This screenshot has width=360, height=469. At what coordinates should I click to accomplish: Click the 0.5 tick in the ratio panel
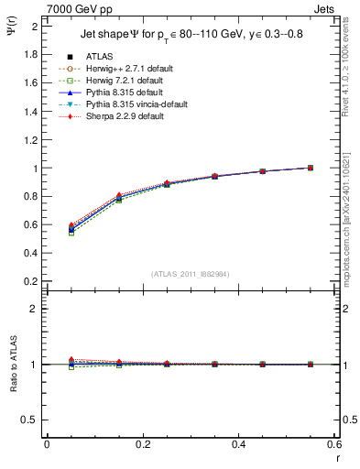click(x=30, y=420)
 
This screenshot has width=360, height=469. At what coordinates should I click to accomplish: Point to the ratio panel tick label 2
click(x=35, y=309)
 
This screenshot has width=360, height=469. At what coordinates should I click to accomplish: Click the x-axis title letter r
click(x=338, y=457)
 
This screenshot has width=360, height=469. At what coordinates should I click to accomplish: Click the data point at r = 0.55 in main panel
click(x=311, y=168)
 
